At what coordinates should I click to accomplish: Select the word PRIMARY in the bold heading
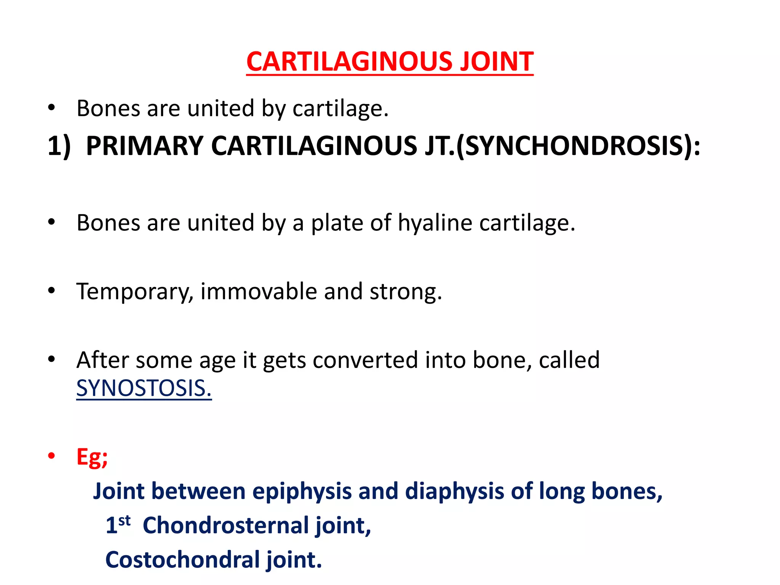tap(145, 146)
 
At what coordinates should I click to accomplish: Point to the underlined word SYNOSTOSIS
tap(144, 388)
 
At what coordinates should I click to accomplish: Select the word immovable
tap(259, 292)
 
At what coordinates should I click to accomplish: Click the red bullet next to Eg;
tap(52, 456)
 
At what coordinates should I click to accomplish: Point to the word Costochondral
tap(182, 559)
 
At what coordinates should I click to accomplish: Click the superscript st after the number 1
tap(125, 520)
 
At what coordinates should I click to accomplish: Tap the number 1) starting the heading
tap(59, 146)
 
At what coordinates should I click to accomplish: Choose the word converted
tap(365, 360)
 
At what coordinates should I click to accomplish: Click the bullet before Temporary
tap(52, 291)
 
